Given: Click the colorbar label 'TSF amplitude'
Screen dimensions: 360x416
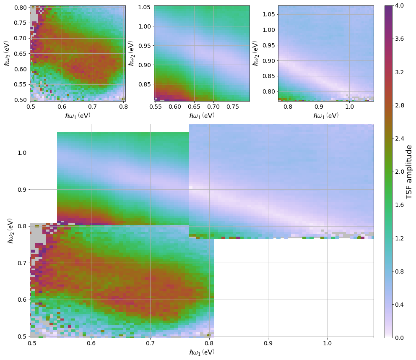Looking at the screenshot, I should pos(409,172).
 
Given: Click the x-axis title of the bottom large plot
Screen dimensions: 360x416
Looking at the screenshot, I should pos(202,352).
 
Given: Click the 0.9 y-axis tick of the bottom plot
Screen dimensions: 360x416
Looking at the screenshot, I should pos(21,189).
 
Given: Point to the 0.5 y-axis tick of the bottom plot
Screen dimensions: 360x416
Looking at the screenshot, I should pos(21,336).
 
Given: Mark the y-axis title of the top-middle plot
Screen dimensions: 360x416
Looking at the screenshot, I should pos(131,53).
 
